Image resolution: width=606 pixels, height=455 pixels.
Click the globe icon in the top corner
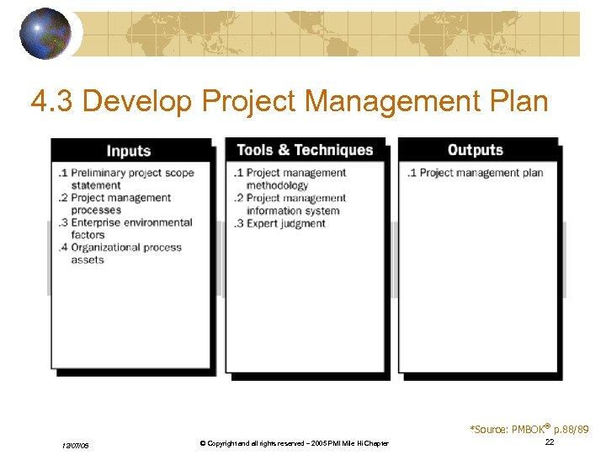click(45, 33)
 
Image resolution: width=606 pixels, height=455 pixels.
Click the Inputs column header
click(129, 151)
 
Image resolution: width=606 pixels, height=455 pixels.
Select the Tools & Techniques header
click(305, 150)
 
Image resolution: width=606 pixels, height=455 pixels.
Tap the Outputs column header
click(476, 150)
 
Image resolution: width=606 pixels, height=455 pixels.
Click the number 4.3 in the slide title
click(52, 102)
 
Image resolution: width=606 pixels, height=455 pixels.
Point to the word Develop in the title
click(139, 102)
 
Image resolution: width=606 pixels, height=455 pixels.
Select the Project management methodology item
click(291, 179)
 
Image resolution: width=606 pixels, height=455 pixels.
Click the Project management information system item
click(291, 204)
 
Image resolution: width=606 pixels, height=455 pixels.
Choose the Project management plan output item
click(476, 173)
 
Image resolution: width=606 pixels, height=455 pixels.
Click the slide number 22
click(550, 442)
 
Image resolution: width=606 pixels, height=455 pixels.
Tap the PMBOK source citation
click(529, 430)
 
